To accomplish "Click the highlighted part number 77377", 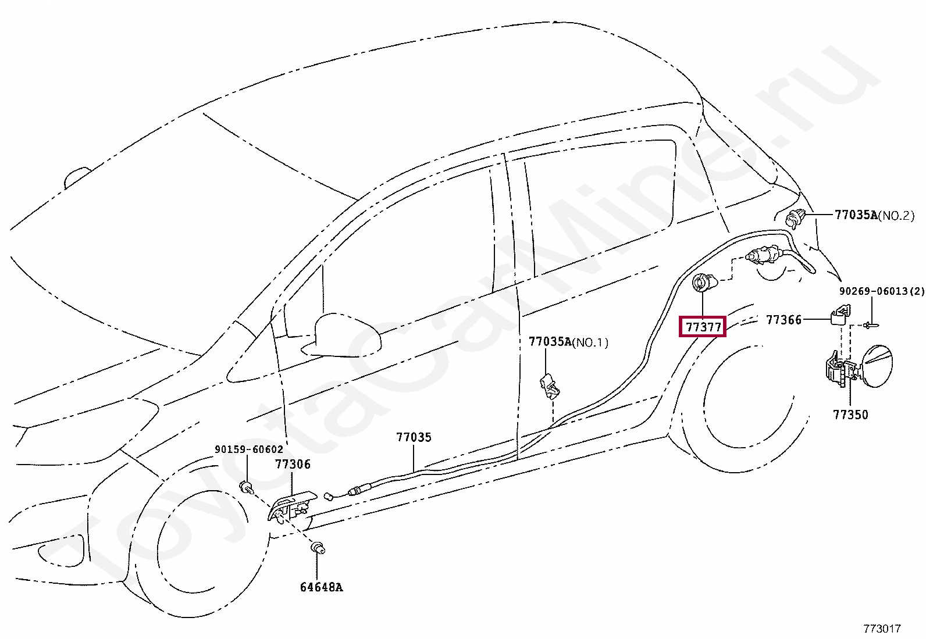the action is (703, 327).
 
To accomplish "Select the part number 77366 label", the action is (783, 320).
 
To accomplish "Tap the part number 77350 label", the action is (850, 415).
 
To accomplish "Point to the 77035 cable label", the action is (414, 437).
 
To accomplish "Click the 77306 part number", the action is (293, 464).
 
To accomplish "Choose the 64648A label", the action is (321, 587).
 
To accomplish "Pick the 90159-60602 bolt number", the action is (249, 449).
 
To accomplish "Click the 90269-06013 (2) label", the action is (881, 291).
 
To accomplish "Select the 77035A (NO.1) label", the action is (568, 342).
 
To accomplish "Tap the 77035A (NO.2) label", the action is (874, 215).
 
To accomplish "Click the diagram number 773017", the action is (882, 629).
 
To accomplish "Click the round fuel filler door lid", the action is (876, 365).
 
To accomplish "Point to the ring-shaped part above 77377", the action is (701, 283).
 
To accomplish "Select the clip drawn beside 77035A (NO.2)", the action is (795, 219).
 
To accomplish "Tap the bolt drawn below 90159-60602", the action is (247, 487).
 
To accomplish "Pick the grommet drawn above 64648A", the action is (318, 548).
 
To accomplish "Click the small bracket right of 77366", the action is (838, 316).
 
